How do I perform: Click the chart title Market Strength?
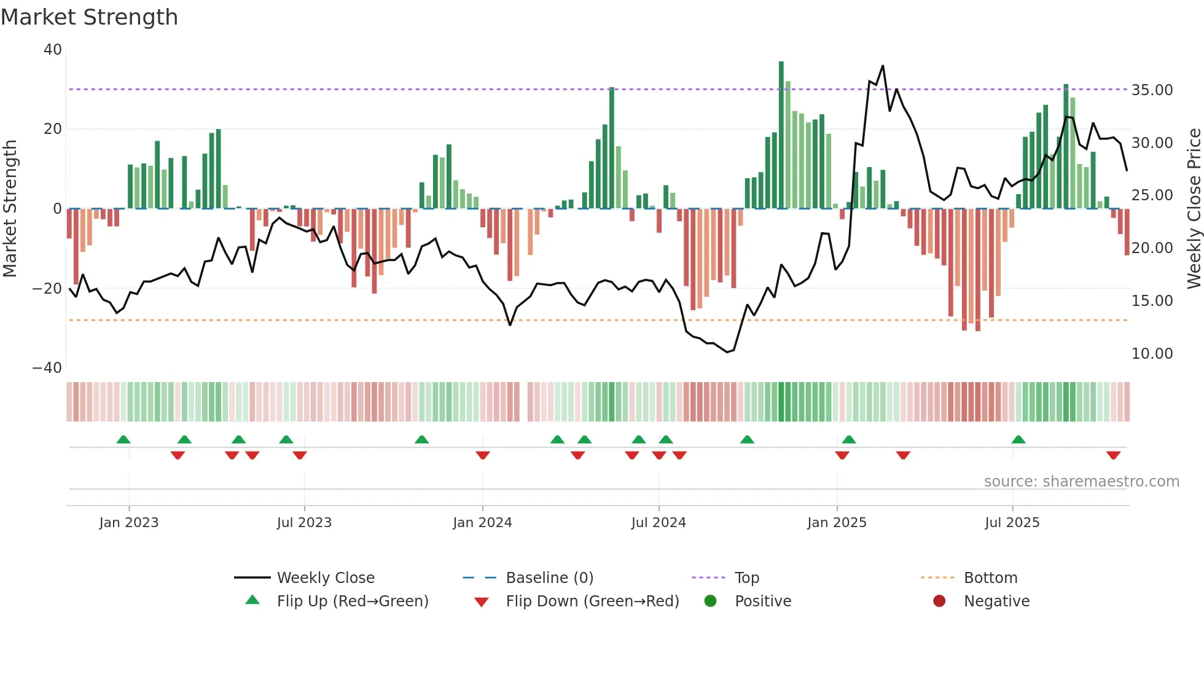coord(89,17)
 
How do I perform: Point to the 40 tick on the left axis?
coord(53,50)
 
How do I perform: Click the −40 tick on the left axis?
coord(47,368)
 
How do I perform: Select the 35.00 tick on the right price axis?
coord(1152,90)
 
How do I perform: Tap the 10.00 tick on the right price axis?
coord(1152,354)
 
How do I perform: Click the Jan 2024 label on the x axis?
coord(482,523)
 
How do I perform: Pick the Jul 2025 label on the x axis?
coord(1012,523)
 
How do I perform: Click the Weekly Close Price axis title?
coord(1194,209)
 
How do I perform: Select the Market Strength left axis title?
coord(10,209)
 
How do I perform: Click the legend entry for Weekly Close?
coord(325,578)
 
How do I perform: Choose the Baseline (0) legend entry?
coord(549,578)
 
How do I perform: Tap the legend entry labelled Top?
coord(746,578)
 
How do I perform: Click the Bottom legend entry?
coord(990,578)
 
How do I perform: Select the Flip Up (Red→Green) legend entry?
coord(352,601)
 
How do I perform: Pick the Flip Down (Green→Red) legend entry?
coord(592,601)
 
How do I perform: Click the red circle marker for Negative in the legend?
coord(939,601)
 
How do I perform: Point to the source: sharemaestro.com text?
coord(1081,482)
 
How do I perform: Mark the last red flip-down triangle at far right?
coord(1113,455)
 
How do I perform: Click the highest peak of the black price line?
coord(883,66)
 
